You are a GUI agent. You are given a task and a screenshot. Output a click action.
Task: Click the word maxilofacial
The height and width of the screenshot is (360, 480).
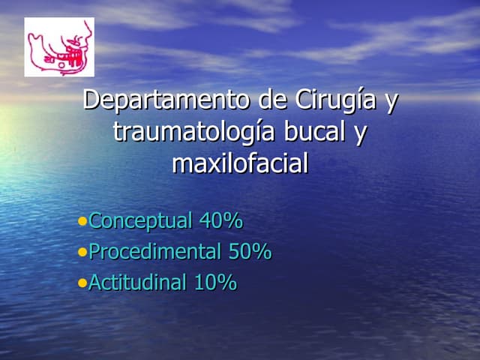tap(240, 163)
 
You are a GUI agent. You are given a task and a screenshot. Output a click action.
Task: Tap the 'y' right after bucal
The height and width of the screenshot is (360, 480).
tap(361, 134)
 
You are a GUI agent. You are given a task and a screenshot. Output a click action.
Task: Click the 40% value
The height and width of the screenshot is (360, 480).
tap(220, 221)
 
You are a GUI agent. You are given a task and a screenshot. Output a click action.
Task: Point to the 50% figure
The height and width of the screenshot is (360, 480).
tap(250, 252)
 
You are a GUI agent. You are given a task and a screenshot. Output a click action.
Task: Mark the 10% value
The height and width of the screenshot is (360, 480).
tap(215, 283)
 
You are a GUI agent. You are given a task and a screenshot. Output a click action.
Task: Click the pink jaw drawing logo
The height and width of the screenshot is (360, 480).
tap(59, 47)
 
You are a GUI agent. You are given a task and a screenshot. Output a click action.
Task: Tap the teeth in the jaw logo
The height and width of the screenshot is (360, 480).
tap(72, 55)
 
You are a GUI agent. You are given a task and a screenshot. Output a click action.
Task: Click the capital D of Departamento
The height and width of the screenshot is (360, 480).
tap(91, 100)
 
